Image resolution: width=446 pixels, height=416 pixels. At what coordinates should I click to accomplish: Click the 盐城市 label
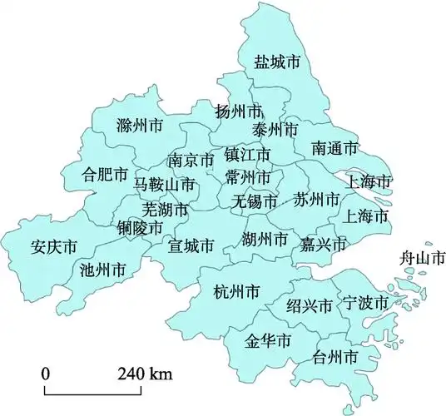[277, 62]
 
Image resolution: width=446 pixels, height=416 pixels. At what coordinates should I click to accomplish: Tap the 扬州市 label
[238, 111]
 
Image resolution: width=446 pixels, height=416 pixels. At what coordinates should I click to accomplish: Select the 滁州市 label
[140, 126]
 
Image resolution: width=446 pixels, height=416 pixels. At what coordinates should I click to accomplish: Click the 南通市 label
[335, 148]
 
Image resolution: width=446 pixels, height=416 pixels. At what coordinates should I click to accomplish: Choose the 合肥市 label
[105, 175]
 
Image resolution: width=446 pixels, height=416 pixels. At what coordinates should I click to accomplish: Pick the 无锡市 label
[255, 201]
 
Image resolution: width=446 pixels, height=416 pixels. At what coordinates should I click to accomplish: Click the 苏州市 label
[317, 200]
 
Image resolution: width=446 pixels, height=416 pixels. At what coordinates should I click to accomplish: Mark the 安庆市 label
[53, 247]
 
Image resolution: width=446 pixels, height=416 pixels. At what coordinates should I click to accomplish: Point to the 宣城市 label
[191, 245]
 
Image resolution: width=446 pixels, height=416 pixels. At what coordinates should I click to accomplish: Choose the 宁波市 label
[365, 302]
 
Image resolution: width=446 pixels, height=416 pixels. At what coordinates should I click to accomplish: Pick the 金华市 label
[267, 341]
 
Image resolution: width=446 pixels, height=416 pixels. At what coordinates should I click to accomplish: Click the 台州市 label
[335, 358]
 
